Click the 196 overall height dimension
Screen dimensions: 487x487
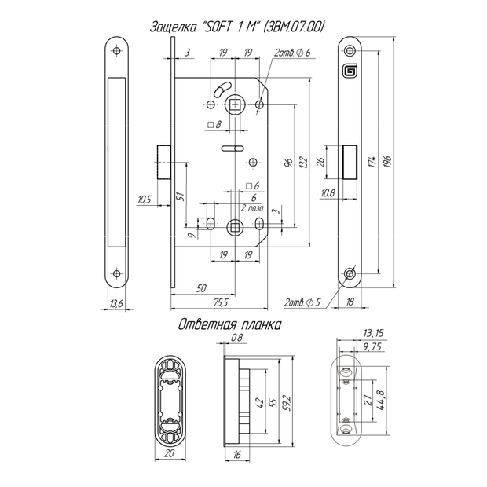pos(387,162)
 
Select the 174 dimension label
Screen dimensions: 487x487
pos(372,162)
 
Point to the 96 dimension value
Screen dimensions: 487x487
pos(289,163)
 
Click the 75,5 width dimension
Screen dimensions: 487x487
pos(221,302)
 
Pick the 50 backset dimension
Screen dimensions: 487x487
pos(201,288)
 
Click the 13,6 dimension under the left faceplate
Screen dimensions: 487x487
pos(116,303)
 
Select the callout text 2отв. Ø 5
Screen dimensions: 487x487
pos(302,302)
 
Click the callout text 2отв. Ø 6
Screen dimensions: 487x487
pos(292,53)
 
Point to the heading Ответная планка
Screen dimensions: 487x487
pos(230,325)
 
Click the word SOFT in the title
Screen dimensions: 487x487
pos(218,27)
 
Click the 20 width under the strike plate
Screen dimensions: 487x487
pos(169,453)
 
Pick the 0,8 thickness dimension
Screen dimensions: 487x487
pos(237,337)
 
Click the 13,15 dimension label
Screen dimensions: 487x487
pos(373,333)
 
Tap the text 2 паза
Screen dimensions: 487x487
pos(252,208)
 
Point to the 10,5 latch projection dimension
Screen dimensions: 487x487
pos(145,200)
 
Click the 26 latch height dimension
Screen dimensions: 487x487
pos(320,162)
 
